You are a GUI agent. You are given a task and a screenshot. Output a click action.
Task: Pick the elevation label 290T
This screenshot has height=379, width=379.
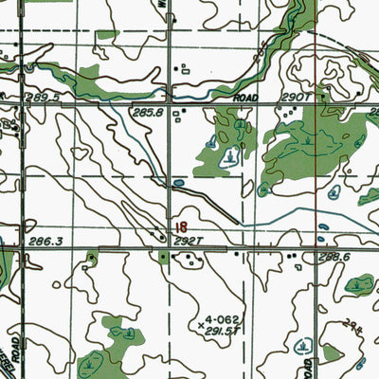coord(291,97)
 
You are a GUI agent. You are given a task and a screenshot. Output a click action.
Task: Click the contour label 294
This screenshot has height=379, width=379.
coord(352,323)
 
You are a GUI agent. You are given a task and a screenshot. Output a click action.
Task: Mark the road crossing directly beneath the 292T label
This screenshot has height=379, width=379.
coord(171,251)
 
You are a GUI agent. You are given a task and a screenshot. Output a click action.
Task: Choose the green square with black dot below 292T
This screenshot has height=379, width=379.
coord(162,257)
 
